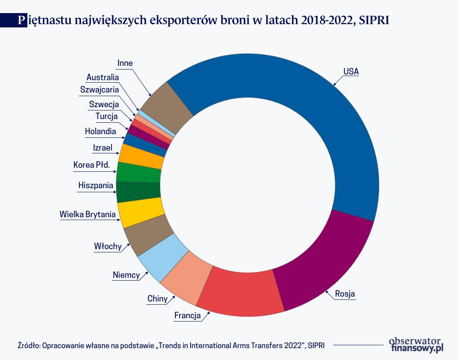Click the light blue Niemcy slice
[x=157, y=256]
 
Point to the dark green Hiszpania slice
[x=138, y=192]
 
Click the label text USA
[x=351, y=72]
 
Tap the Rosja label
[x=345, y=294]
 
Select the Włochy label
[x=108, y=246]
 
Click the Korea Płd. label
[x=92, y=165]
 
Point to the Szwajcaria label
[x=99, y=90]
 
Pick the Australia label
[x=103, y=77]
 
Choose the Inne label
[x=125, y=63]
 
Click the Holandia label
[x=100, y=131]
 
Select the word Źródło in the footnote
[x=28, y=345]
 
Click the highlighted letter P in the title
[x=21, y=20]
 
